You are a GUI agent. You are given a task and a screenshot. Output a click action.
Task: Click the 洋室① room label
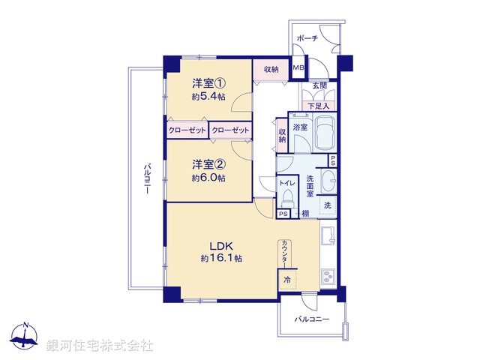click(209, 83)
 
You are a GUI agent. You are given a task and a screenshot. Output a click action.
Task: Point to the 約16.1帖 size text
click(220, 258)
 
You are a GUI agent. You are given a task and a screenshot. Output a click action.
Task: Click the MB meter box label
click(298, 68)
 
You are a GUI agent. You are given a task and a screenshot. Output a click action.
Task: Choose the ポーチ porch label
click(307, 38)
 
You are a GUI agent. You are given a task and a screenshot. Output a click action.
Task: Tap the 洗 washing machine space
click(328, 205)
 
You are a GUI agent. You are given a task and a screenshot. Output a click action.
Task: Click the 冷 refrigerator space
click(287, 280)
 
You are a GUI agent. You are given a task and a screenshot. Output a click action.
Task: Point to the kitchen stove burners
click(328, 276)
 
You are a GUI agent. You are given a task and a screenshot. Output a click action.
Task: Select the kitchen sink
click(328, 238)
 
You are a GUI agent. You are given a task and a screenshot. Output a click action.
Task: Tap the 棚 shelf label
click(305, 214)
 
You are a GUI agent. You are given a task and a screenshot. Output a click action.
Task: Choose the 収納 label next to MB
click(271, 69)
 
